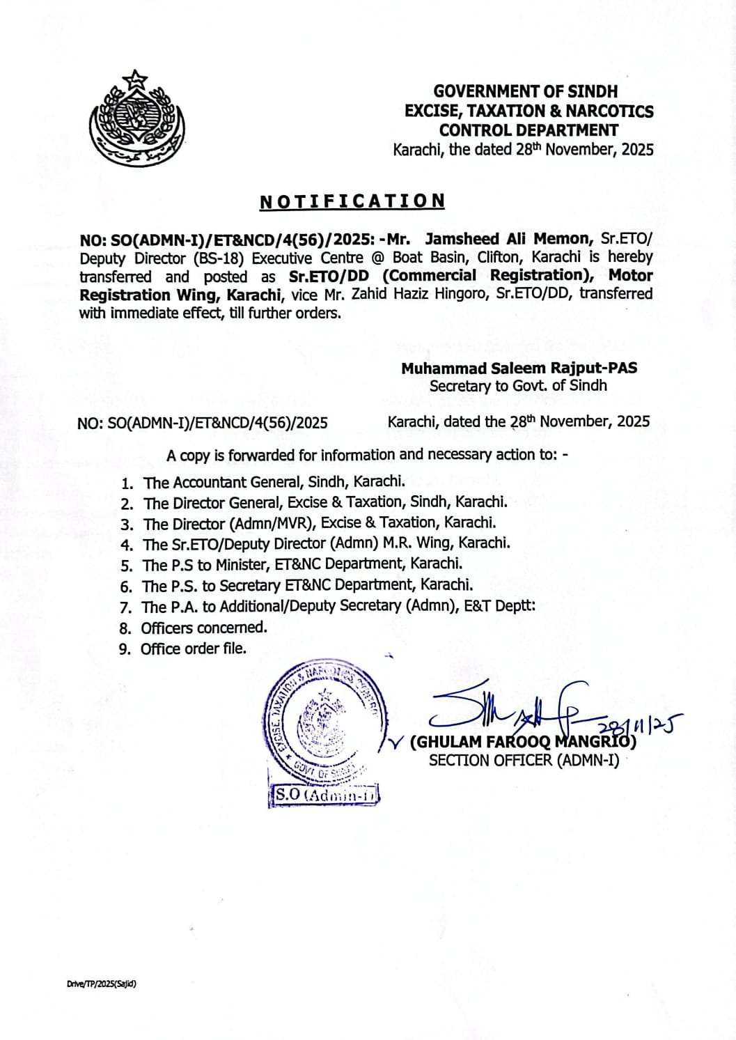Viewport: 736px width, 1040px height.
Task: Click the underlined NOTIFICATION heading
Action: pyautogui.click(x=352, y=201)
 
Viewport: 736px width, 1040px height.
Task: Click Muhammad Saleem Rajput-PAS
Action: pyautogui.click(x=519, y=368)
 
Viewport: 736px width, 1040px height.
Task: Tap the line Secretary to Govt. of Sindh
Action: pyautogui.click(x=518, y=386)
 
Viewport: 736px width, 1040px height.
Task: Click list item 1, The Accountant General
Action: pyautogui.click(x=274, y=481)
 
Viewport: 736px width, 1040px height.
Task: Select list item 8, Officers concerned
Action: pyautogui.click(x=203, y=628)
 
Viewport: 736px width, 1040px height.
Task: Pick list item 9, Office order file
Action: pyautogui.click(x=193, y=649)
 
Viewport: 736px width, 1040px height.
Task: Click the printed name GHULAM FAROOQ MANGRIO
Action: pyautogui.click(x=523, y=742)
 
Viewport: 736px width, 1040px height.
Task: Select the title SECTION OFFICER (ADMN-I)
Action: pyautogui.click(x=523, y=760)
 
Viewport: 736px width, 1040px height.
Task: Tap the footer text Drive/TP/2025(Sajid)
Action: pyautogui.click(x=101, y=984)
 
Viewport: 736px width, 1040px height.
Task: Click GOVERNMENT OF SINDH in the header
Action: pyautogui.click(x=525, y=91)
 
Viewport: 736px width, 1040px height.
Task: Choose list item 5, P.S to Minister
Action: pyautogui.click(x=302, y=564)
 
